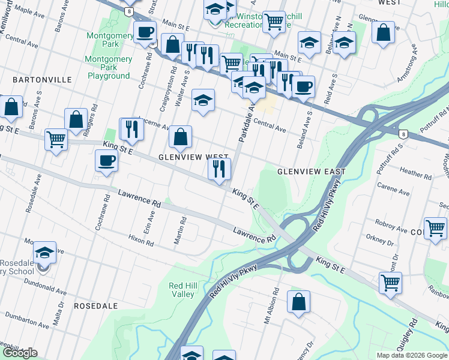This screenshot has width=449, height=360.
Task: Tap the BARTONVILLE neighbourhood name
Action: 42,80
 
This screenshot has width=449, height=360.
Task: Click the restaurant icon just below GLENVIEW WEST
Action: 219,169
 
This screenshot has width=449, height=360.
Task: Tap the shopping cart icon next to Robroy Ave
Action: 435,229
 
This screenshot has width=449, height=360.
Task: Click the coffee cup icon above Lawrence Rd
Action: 107,161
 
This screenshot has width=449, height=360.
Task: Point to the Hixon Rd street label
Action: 141,241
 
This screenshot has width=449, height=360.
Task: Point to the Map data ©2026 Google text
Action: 411,355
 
